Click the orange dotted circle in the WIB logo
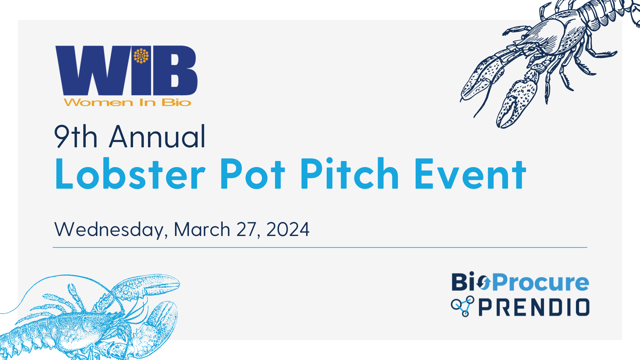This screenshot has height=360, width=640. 141,56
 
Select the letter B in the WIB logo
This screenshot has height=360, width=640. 175,70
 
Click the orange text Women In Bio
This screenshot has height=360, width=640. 127,102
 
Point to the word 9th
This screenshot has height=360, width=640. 76,136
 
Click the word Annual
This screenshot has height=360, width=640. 157,136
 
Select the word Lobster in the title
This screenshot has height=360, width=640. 130,174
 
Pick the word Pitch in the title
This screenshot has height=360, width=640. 350,174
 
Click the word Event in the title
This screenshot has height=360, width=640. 470,174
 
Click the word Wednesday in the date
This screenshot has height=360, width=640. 111,230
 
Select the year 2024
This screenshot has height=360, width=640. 288,229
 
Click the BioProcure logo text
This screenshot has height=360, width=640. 520,282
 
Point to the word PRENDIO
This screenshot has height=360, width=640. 534,307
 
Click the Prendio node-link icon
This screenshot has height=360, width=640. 463,306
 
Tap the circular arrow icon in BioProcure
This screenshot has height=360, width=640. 483,283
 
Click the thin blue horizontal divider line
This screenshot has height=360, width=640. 320,247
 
